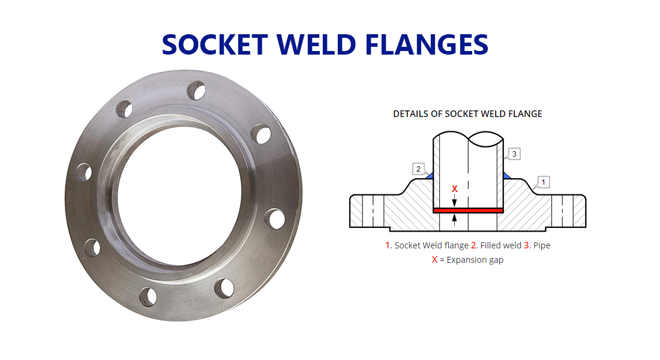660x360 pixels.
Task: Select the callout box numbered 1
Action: point(543,181)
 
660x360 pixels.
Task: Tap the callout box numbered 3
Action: point(514,154)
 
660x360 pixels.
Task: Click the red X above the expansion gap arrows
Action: point(454,189)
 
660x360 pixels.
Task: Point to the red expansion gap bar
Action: point(467,210)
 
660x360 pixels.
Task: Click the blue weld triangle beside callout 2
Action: point(430,175)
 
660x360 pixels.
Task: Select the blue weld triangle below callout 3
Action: point(505,175)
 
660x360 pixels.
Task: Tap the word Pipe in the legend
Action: point(541,245)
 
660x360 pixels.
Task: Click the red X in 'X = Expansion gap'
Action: point(434,260)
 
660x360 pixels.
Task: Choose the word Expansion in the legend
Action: point(466,260)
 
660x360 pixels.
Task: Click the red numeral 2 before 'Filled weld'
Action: point(474,245)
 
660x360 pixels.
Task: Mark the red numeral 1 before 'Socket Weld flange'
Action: point(388,245)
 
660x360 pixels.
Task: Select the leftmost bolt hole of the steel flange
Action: point(85,173)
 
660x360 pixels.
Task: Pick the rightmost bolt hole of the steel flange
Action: point(277,219)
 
